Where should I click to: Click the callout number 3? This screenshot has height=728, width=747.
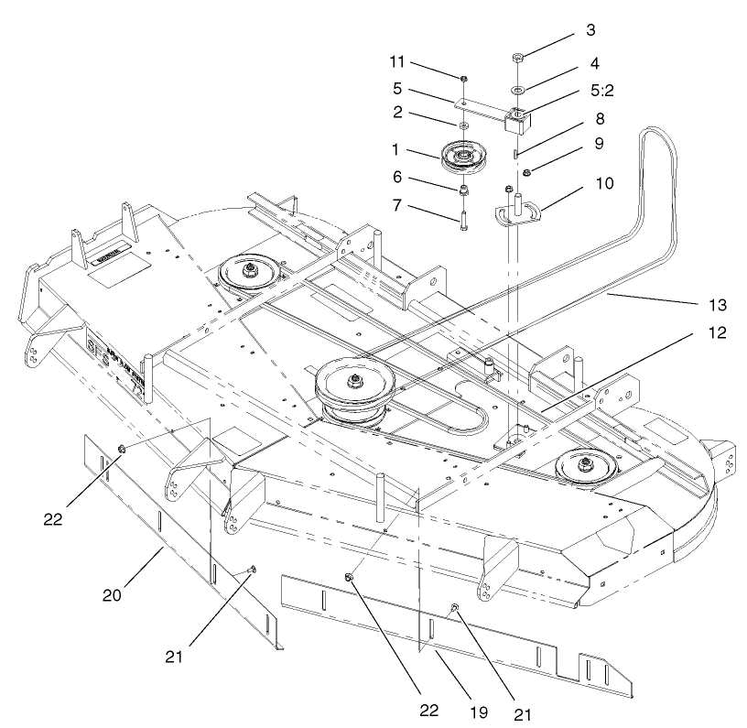pyautogui.click(x=591, y=30)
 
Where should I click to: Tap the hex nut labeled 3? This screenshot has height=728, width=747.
pyautogui.click(x=517, y=59)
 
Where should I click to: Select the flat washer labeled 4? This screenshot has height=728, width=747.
pyautogui.click(x=517, y=90)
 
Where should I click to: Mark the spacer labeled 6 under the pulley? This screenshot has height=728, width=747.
pyautogui.click(x=465, y=190)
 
